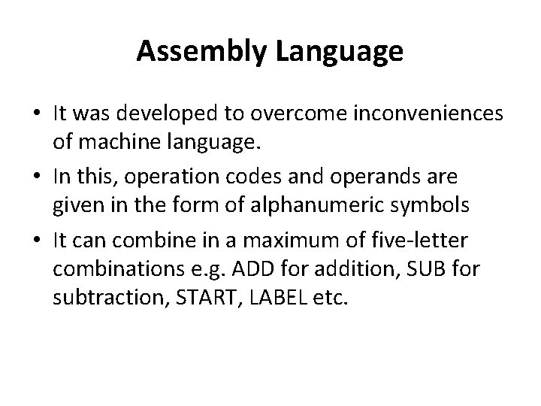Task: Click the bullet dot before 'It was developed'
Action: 35,114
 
